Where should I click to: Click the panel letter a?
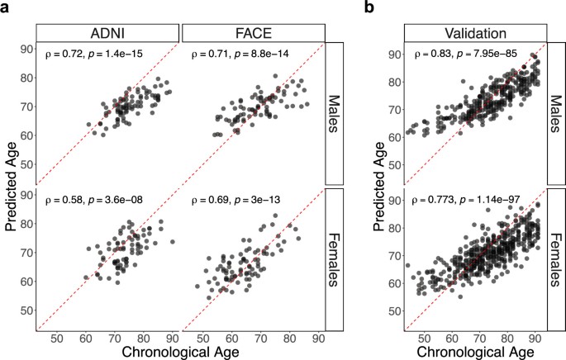(x=6, y=8)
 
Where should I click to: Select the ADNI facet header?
(x=107, y=32)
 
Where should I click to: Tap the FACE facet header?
(x=252, y=32)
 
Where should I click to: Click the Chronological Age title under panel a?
(x=181, y=351)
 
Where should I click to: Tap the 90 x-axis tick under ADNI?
(x=172, y=338)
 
